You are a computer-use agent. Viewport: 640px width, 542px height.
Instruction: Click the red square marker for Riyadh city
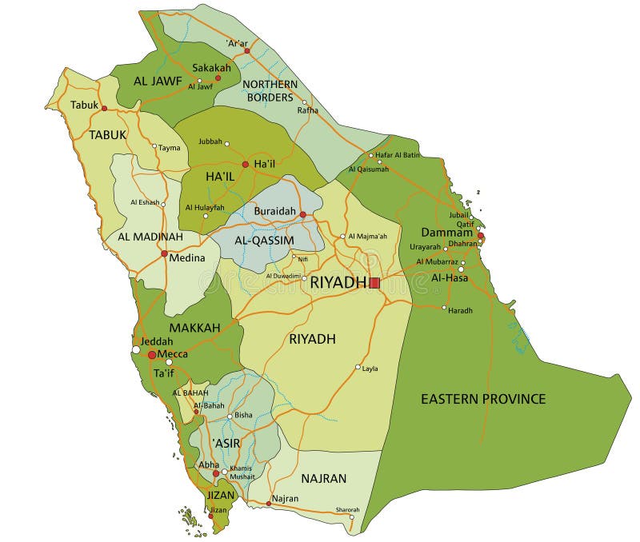(x=374, y=282)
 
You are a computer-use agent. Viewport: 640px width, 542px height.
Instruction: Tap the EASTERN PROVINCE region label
(x=483, y=398)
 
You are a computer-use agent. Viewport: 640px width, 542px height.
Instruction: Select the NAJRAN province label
(x=323, y=478)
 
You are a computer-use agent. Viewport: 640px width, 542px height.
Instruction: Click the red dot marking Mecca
(x=152, y=354)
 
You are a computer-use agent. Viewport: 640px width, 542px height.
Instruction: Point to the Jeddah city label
(x=157, y=341)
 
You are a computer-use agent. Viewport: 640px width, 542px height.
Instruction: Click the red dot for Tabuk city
(x=104, y=108)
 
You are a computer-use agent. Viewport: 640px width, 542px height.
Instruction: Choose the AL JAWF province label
(x=158, y=80)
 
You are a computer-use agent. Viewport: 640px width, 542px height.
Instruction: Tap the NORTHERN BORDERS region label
(x=270, y=90)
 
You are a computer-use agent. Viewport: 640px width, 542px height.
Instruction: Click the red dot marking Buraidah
(x=302, y=214)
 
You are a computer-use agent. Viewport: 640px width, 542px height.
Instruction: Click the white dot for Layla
(x=358, y=368)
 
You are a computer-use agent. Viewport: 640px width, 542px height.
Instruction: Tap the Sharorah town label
(x=347, y=509)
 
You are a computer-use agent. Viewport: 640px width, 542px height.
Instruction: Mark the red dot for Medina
(x=164, y=254)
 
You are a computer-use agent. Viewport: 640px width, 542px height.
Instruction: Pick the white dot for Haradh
(x=444, y=307)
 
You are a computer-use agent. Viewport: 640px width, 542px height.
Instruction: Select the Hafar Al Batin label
(x=397, y=154)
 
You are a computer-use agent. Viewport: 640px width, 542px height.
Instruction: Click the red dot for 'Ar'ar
(x=247, y=50)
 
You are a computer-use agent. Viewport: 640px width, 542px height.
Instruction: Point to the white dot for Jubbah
(x=227, y=144)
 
